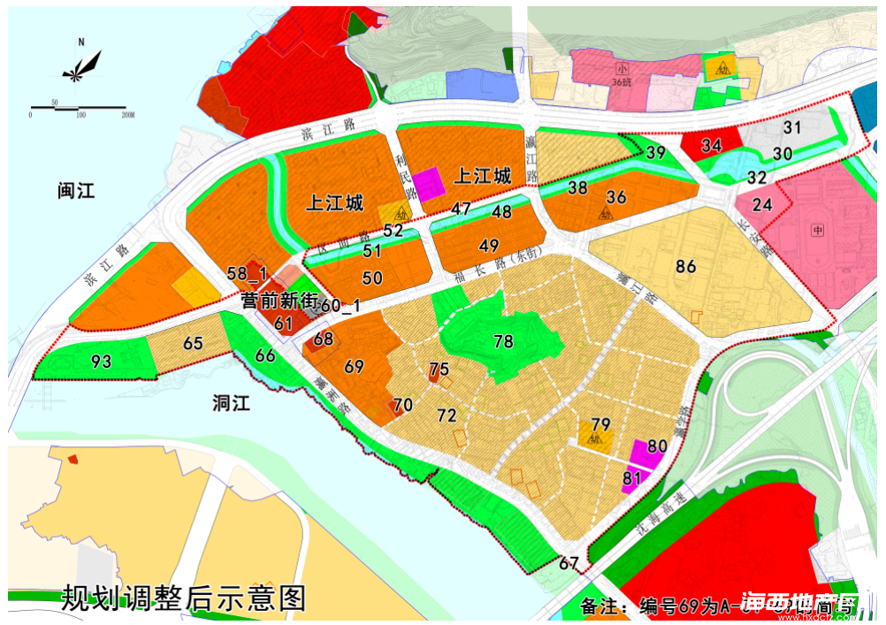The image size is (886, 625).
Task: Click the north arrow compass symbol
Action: [81, 65]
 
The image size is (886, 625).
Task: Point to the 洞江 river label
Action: [233, 403]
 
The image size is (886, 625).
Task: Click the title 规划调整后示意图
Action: [183, 598]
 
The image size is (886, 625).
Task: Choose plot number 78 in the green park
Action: [503, 341]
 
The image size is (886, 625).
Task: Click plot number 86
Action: [685, 266]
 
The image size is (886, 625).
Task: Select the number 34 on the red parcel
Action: [711, 145]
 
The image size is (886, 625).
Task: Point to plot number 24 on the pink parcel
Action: [762, 204]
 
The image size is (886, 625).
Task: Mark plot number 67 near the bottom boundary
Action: [569, 563]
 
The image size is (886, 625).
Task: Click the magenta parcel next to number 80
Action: [645, 454]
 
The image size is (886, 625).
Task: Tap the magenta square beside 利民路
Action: [430, 184]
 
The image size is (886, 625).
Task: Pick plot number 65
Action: [194, 344]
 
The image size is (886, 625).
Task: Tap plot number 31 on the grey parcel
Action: [791, 127]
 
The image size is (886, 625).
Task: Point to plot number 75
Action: [439, 370]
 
